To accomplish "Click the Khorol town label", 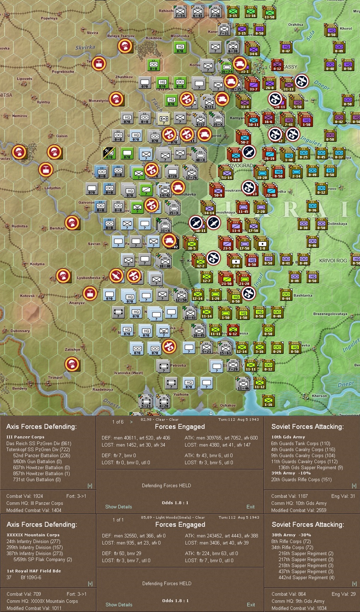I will tap(346, 29).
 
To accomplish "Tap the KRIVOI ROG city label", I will tap(333, 261).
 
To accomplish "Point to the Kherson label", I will tap(319, 396).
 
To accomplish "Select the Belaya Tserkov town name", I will tap(121, 36).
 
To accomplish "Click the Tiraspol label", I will tap(55, 378).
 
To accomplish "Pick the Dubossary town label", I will tap(20, 331).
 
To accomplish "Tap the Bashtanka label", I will tap(303, 296).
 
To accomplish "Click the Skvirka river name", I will tap(85, 47).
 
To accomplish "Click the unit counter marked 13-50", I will tap(269, 12).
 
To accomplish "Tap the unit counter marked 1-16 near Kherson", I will tap(268, 400).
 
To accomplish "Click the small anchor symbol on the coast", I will tap(211, 413).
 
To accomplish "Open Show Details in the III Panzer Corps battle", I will tap(118, 507).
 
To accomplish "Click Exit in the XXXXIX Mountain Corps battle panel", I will tap(251, 605).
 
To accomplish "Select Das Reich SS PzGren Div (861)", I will tap(39, 443).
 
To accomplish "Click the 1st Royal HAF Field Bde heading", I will tap(34, 571).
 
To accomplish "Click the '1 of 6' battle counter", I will tap(118, 422).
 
